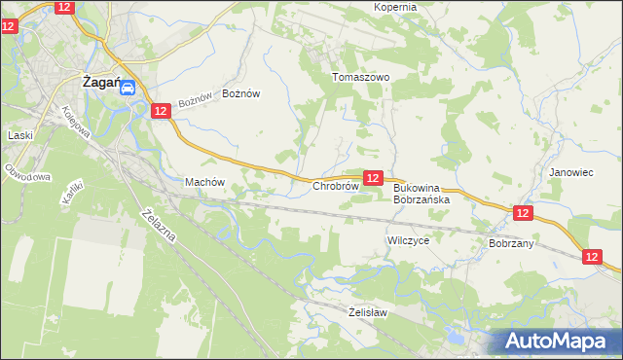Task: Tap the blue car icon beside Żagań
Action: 128,87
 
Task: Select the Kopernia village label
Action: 395,7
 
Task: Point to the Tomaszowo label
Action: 360,77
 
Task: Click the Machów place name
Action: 205,182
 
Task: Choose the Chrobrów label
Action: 336,186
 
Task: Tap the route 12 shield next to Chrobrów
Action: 373,177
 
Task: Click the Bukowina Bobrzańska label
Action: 421,193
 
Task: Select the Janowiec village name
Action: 570,171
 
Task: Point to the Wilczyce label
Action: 408,238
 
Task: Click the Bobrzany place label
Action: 511,243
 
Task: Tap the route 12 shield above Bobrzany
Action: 523,212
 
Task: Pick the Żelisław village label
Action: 368,312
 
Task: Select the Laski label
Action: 20,135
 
